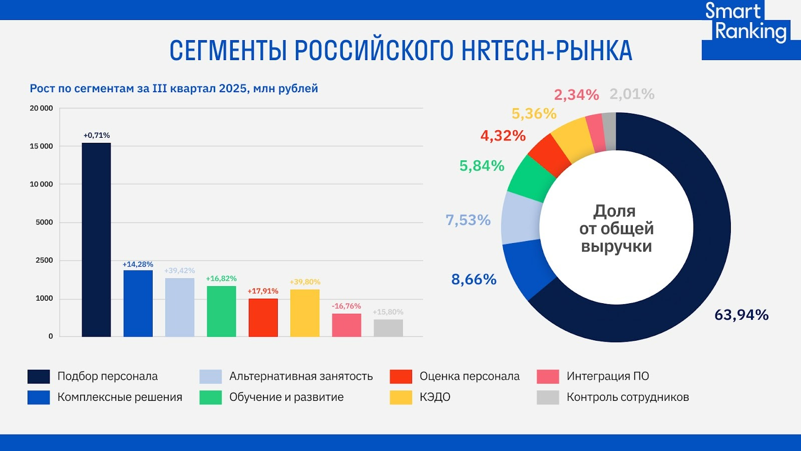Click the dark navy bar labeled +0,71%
point(96,240)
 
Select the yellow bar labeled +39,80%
point(305,313)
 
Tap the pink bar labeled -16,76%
point(346,325)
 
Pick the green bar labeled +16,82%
point(221,311)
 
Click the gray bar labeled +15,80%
point(388,328)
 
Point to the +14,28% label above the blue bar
point(138,264)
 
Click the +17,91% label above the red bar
point(263,291)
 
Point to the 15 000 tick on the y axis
point(41,146)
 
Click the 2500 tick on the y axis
point(44,260)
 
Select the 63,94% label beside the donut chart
point(741,315)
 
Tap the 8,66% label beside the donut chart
point(474,279)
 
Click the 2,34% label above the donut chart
point(576,95)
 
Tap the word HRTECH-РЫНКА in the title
point(547,51)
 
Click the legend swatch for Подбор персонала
point(39,376)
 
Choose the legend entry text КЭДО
point(435,397)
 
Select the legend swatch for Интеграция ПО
point(548,376)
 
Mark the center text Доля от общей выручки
point(616,229)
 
